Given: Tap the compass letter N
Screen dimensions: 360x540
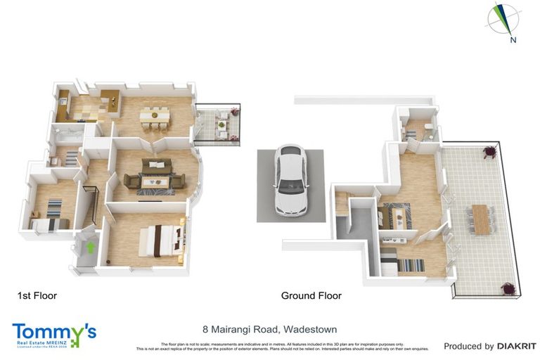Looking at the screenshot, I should [513, 40].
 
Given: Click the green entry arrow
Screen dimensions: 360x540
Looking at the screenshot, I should [89, 247].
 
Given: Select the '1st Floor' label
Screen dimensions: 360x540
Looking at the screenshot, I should [37, 296].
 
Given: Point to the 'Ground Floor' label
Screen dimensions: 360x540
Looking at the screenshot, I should [311, 296].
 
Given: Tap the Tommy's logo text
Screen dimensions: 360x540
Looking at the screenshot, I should [53, 332].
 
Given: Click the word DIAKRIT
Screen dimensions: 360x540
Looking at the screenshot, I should [517, 346].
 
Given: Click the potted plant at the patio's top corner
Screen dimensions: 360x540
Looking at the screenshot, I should [489, 150].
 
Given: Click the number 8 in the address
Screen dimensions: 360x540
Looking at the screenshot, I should [205, 329].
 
